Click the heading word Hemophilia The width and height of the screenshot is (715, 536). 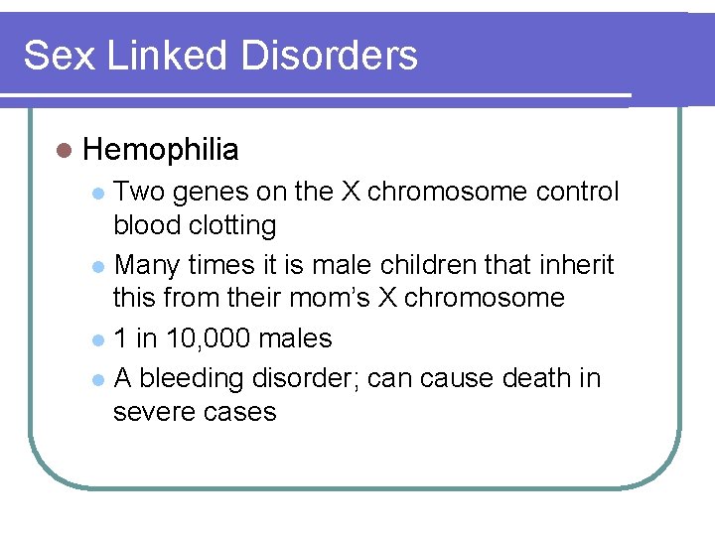pyautogui.click(x=161, y=150)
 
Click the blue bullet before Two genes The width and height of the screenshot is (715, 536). pyautogui.click(x=98, y=193)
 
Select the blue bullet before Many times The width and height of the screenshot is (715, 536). pyautogui.click(x=98, y=267)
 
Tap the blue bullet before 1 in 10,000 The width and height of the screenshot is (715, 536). pyautogui.click(x=98, y=340)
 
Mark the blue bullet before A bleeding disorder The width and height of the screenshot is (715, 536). pyautogui.click(x=98, y=380)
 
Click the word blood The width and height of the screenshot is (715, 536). pyautogui.click(x=145, y=226)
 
